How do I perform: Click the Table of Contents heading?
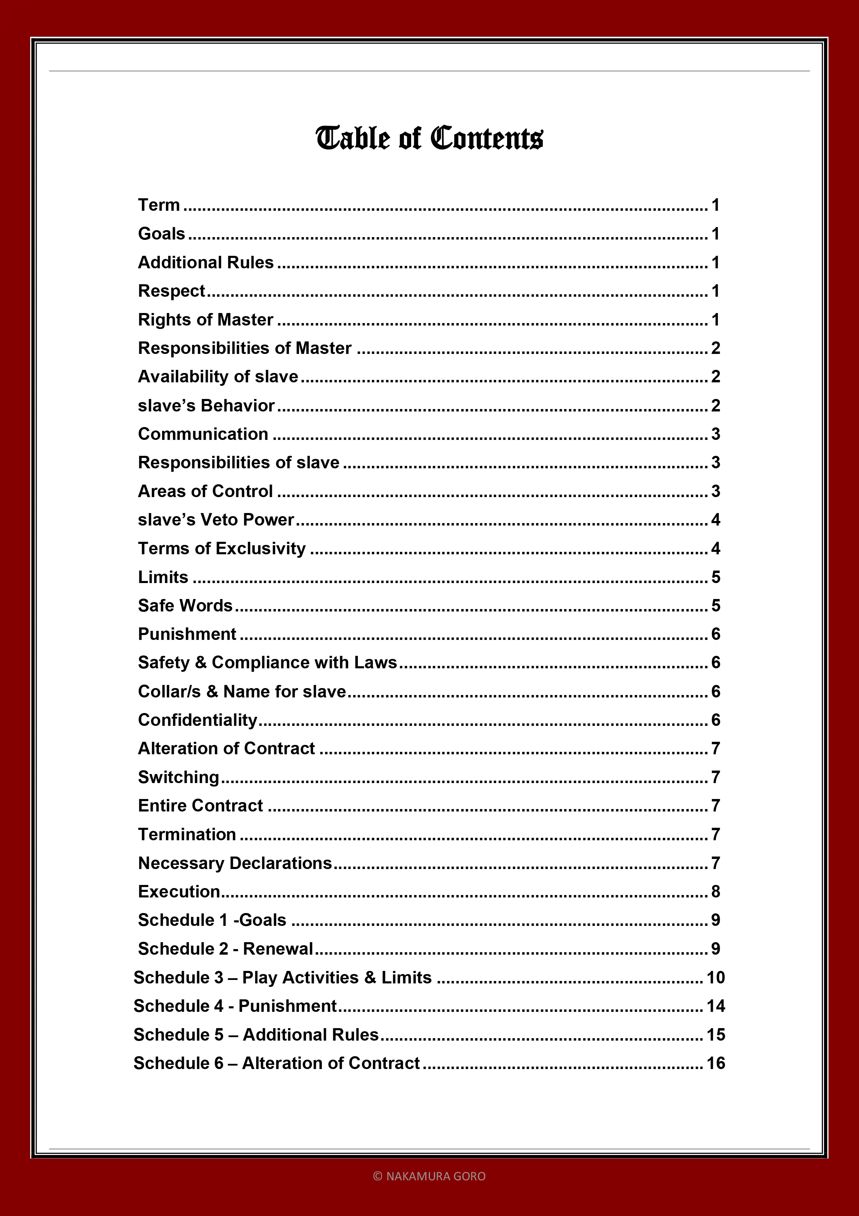[429, 138]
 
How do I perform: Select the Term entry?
[159, 205]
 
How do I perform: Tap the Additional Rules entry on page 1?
[206, 262]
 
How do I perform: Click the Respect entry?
[171, 291]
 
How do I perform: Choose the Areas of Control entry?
[205, 491]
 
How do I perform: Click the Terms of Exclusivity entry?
[222, 548]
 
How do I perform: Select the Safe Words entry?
[185, 605]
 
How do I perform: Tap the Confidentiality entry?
[197, 720]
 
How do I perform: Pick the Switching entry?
[178, 777]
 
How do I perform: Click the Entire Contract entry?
[201, 806]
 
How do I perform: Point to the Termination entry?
[187, 834]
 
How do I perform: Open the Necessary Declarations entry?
[235, 863]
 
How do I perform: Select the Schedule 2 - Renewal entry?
[225, 948]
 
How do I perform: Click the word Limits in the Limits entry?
[163, 577]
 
